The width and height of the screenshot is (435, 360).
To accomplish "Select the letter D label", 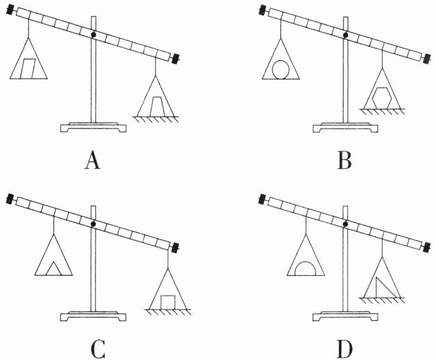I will click(x=345, y=347).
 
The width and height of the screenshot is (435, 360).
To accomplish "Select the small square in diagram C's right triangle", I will click(x=167, y=300).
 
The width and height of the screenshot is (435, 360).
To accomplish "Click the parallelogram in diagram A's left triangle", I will click(x=28, y=68).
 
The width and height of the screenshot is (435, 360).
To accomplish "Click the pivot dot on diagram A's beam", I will click(x=92, y=33).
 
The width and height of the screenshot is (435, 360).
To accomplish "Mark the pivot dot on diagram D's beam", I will click(x=345, y=224).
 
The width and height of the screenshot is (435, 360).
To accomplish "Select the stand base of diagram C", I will click(x=93, y=316).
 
